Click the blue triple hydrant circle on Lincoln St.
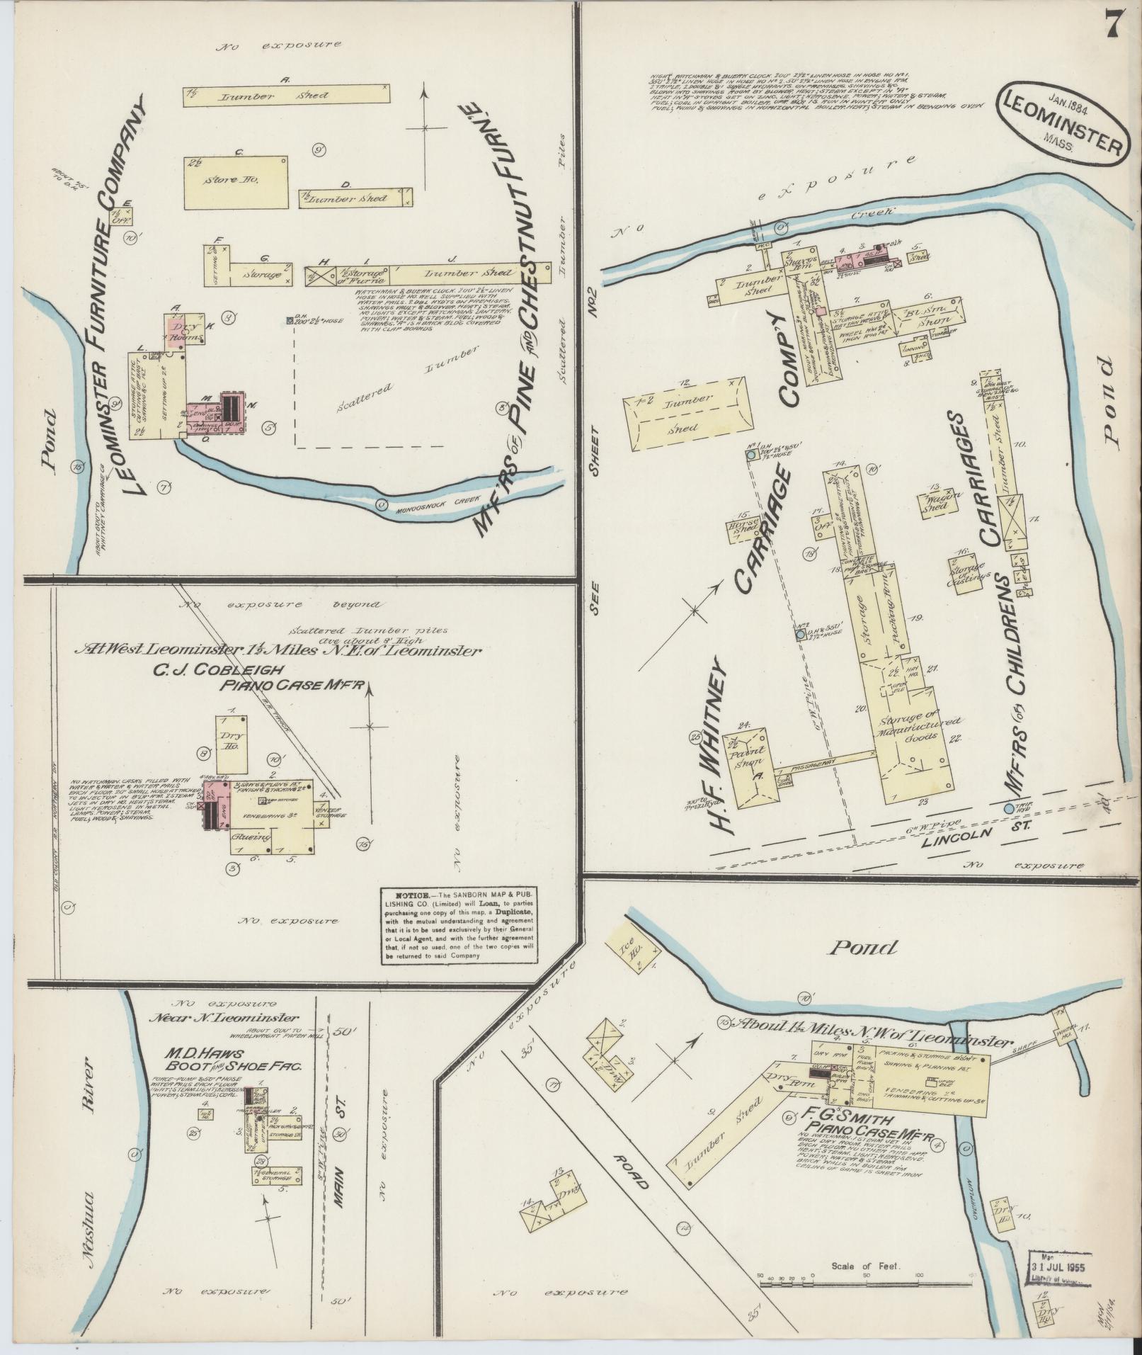1010,808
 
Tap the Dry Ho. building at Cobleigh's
232,743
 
